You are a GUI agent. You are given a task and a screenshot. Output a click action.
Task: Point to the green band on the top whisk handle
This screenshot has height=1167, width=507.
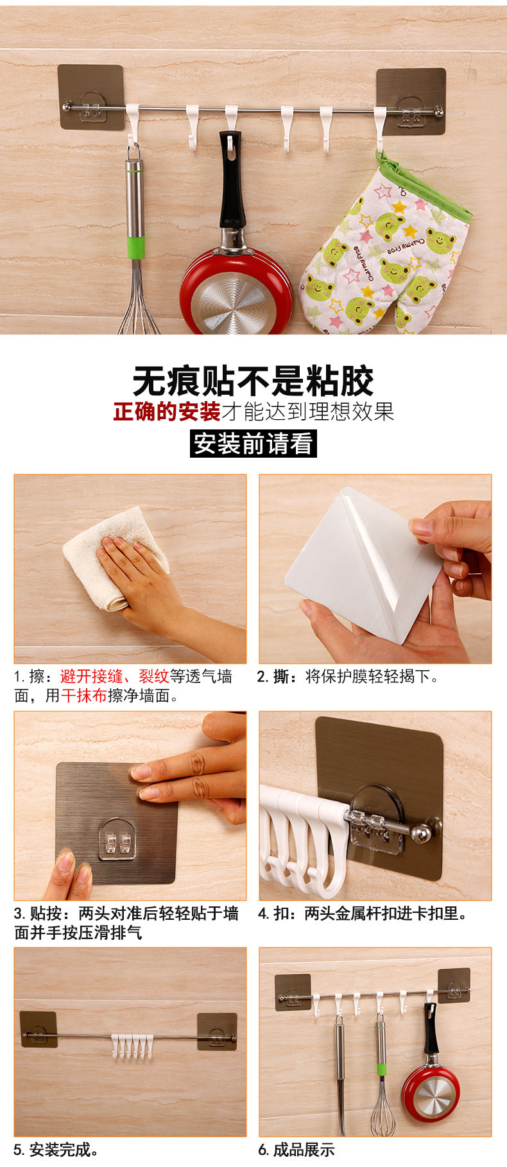[x=135, y=247]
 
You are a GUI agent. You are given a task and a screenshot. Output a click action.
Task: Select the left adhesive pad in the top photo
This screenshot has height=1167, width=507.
[x=90, y=97]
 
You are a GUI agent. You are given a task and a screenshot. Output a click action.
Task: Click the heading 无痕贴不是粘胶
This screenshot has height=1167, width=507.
[x=253, y=381]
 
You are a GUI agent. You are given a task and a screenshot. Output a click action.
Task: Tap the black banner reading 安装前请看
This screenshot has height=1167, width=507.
[x=253, y=444]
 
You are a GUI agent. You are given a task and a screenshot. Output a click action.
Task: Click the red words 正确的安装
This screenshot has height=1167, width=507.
[x=167, y=411]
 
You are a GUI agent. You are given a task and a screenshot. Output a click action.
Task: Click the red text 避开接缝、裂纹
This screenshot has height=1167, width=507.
[x=114, y=676]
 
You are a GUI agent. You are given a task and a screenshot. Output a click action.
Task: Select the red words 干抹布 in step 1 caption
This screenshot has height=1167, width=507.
[x=84, y=696]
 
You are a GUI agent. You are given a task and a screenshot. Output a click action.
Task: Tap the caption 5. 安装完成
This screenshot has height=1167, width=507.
[x=56, y=1150]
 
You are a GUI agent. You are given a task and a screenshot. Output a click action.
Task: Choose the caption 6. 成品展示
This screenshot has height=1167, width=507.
[x=296, y=1150]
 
